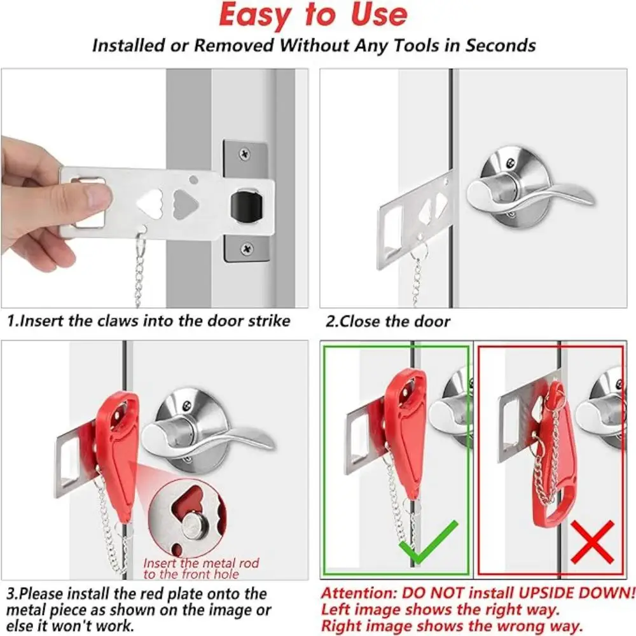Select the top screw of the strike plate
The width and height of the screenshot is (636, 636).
click(245, 153)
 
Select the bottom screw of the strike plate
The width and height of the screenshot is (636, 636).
click(245, 250)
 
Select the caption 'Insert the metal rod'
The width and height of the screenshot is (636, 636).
click(201, 563)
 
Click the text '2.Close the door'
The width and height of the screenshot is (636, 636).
click(387, 322)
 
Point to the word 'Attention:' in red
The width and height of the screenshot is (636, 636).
click(360, 593)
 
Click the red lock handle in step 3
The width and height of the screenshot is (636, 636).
click(118, 445)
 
